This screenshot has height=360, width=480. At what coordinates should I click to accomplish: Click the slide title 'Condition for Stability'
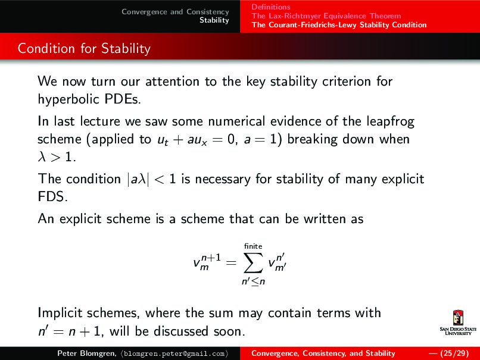84,48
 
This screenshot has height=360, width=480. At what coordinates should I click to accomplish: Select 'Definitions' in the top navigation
271,7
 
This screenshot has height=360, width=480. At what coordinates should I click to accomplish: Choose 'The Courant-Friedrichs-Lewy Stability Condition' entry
339,25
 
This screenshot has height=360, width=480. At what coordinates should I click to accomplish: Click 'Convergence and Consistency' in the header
175,12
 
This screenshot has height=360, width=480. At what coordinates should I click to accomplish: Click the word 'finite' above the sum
254,246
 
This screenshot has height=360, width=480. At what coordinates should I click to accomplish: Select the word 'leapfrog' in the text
389,122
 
